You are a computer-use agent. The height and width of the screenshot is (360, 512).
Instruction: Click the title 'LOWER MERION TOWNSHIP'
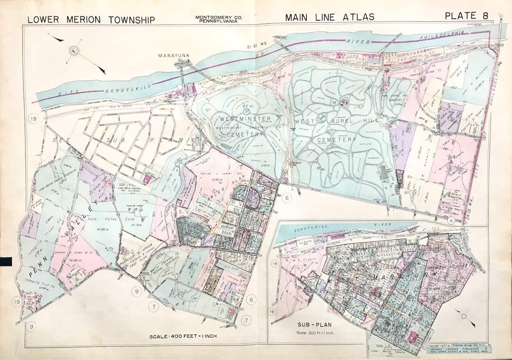(x=91, y=20)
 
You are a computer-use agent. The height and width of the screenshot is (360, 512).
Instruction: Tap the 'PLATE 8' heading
(x=466, y=16)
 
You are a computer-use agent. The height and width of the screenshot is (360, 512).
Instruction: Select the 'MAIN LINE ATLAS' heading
(x=329, y=17)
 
